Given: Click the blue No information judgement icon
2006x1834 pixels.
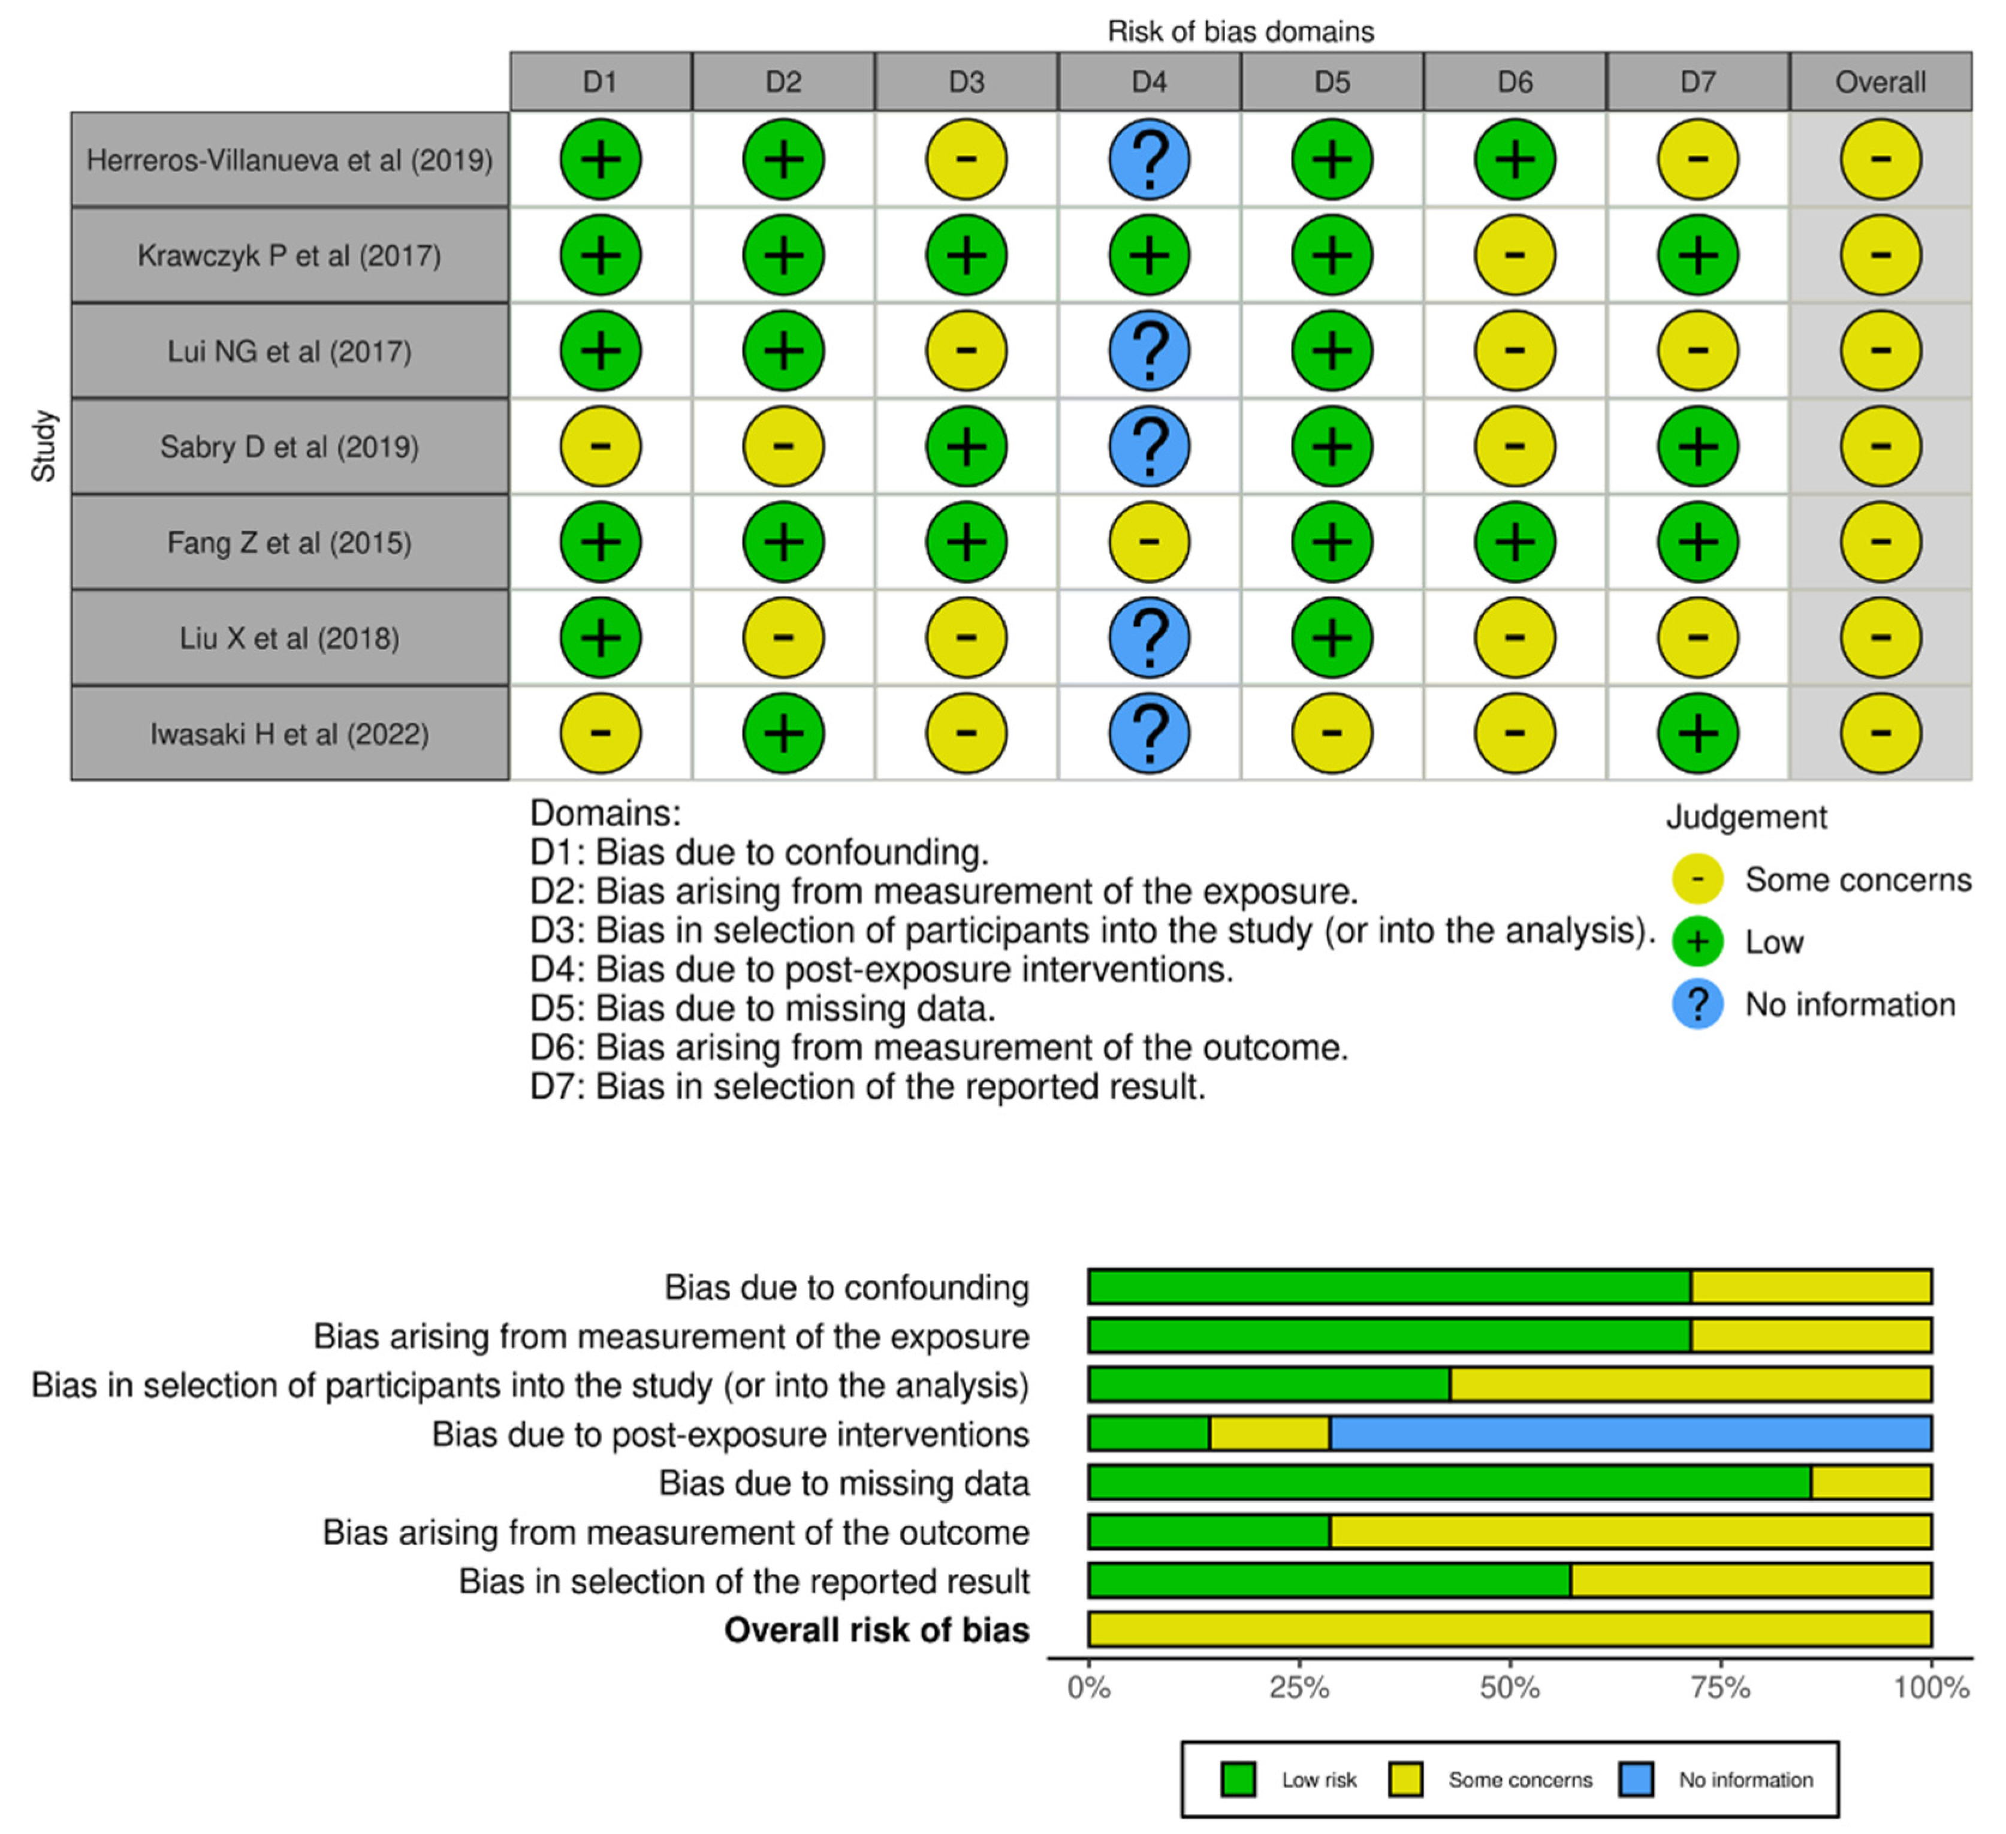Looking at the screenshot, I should click(1697, 1004).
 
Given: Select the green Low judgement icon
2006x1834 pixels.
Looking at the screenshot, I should click(1697, 941).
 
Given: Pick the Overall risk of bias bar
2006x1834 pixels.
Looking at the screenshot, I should click(1510, 1629).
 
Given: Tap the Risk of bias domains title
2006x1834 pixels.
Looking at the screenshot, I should click(1240, 32).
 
